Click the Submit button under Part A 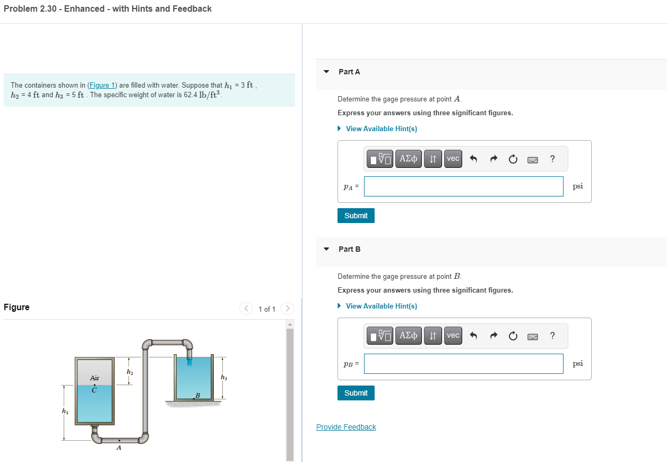[x=356, y=216]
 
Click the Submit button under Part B [x=356, y=393]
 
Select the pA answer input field [x=463, y=186]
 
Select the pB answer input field [x=463, y=364]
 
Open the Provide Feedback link [x=346, y=427]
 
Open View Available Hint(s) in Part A [x=381, y=129]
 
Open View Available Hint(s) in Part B [x=381, y=306]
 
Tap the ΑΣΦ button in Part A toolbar [x=409, y=159]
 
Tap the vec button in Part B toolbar [x=453, y=336]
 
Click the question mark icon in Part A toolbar [x=552, y=159]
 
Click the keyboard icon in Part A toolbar [x=533, y=159]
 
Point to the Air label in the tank [x=94, y=378]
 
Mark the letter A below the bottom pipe [x=118, y=448]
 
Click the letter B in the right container [x=197, y=395]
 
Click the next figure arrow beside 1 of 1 [x=287, y=309]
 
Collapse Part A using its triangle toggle [x=326, y=72]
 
